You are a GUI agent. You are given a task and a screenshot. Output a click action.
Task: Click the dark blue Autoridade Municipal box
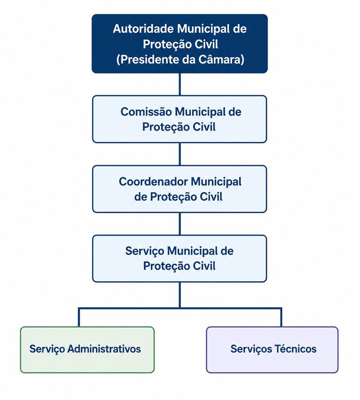tap(180, 44)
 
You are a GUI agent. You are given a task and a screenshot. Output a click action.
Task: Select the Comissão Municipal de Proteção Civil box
tap(180, 119)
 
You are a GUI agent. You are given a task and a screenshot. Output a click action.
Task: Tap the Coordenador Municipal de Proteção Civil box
tap(180, 189)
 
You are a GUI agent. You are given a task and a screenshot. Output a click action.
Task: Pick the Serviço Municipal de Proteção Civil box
tap(180, 259)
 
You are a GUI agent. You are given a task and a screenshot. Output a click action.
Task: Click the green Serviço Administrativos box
tap(87, 350)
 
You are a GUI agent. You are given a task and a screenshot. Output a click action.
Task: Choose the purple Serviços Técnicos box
tap(272, 350)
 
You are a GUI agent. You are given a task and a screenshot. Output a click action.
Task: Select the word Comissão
tap(146, 112)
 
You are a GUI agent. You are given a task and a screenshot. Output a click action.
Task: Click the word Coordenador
tap(153, 182)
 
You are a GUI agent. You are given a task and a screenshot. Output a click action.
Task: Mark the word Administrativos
tap(104, 349)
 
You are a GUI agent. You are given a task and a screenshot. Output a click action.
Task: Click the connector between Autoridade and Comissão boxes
tap(180, 85)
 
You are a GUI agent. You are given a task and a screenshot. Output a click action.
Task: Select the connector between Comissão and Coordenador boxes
tap(180, 154)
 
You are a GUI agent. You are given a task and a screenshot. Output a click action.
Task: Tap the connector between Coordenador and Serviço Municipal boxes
tap(180, 224)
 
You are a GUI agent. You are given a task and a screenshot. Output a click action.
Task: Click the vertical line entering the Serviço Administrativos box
tap(79, 317)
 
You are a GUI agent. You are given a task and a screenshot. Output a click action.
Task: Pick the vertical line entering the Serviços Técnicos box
tap(281, 317)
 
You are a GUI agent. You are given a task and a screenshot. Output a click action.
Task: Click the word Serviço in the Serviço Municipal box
tap(144, 252)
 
